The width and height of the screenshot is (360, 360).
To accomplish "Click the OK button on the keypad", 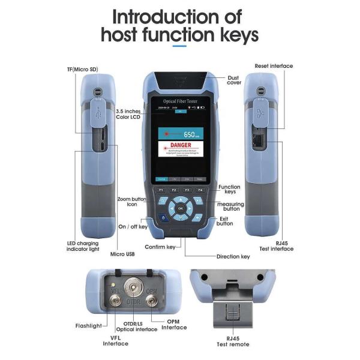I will [x=180, y=208].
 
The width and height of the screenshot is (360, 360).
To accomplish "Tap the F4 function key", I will [x=200, y=190].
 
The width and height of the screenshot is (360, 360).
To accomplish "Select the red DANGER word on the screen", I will [x=180, y=146].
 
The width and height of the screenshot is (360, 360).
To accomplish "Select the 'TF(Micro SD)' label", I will [x=81, y=70].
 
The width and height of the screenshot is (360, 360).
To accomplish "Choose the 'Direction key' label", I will [x=233, y=256].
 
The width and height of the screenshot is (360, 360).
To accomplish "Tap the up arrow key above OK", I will [x=180, y=197].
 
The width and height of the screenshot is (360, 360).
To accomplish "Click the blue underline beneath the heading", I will [x=179, y=46].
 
